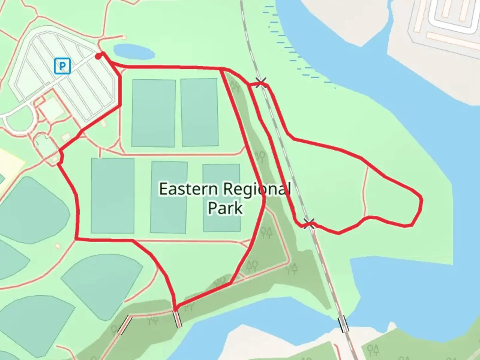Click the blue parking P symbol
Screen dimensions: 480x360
click(62, 66)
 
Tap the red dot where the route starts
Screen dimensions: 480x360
click(98, 57)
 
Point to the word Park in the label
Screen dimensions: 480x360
click(225, 208)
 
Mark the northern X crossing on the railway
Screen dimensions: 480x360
click(261, 83)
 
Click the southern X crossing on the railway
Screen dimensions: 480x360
click(309, 224)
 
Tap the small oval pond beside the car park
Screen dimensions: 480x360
click(134, 52)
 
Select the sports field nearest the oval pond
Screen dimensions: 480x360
click(154, 113)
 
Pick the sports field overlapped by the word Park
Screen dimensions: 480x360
click(221, 198)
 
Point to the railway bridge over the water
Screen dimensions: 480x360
click(343, 324)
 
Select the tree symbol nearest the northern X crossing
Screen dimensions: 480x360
click(236, 86)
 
